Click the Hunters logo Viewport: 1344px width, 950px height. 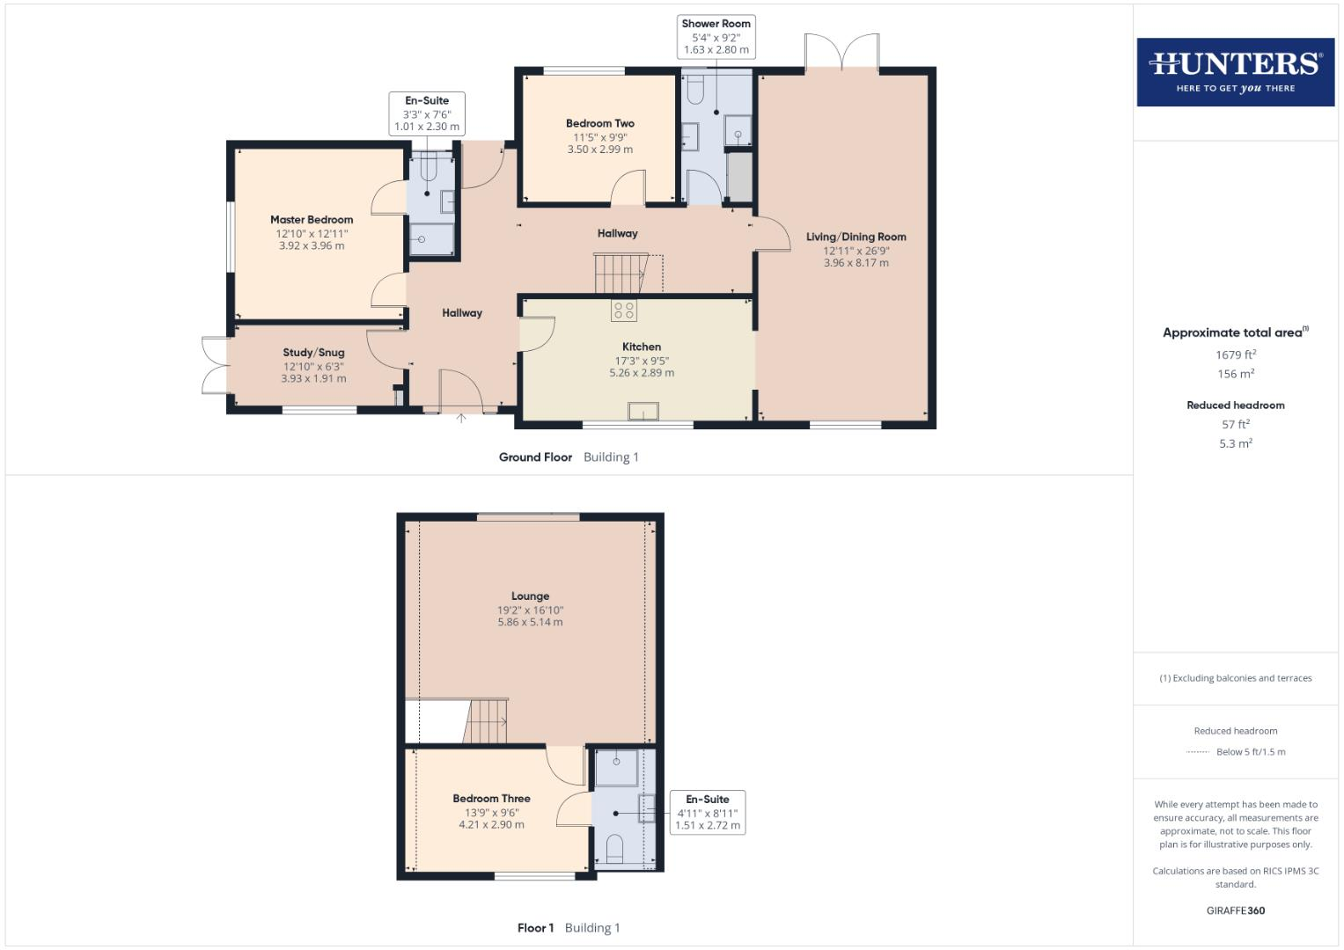tap(1235, 71)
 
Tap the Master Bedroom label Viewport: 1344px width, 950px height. tap(312, 220)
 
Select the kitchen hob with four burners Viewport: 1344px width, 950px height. tap(624, 311)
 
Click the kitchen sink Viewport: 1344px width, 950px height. tap(643, 411)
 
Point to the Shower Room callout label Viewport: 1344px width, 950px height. tap(716, 24)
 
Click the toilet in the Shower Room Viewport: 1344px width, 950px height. tap(694, 88)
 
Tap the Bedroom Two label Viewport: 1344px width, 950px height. tap(599, 124)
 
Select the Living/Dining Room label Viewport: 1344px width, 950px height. tap(856, 237)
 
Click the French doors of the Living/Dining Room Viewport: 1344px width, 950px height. tap(842, 53)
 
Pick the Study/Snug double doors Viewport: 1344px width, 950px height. tap(214, 365)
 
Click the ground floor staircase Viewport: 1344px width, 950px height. tap(621, 274)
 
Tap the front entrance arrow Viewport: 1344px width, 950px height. tap(460, 419)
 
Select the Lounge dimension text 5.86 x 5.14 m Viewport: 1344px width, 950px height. tap(530, 622)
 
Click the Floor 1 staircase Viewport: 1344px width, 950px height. tap(487, 721)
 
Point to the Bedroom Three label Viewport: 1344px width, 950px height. tap(491, 799)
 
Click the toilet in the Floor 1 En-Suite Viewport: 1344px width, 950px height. tap(614, 848)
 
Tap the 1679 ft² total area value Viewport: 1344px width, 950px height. tap(1235, 354)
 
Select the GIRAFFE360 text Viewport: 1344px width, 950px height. tap(1235, 910)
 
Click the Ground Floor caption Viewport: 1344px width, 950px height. tap(535, 457)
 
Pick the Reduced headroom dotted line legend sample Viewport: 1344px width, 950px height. tap(1197, 752)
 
